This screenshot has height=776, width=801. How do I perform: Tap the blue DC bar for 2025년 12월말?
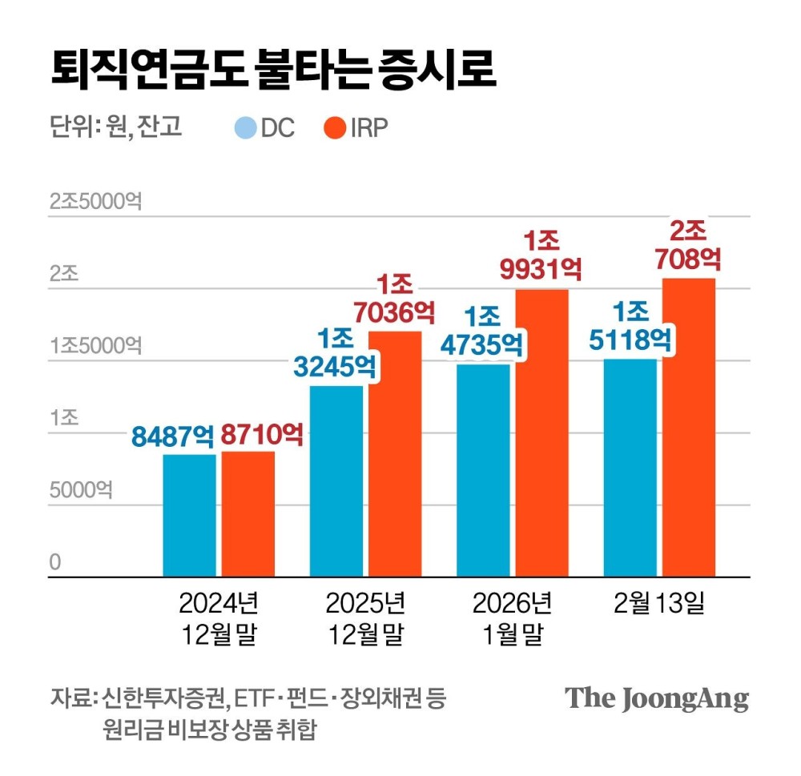(336, 480)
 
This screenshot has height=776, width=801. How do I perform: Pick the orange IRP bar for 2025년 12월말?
(395, 453)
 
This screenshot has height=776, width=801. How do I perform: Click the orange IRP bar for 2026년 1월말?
(541, 432)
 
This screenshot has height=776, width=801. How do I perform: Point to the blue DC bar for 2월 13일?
(630, 468)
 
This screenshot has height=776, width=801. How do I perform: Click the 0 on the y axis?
(54, 562)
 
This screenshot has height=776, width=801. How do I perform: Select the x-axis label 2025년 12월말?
(365, 618)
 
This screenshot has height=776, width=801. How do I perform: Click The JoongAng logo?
(657, 698)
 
